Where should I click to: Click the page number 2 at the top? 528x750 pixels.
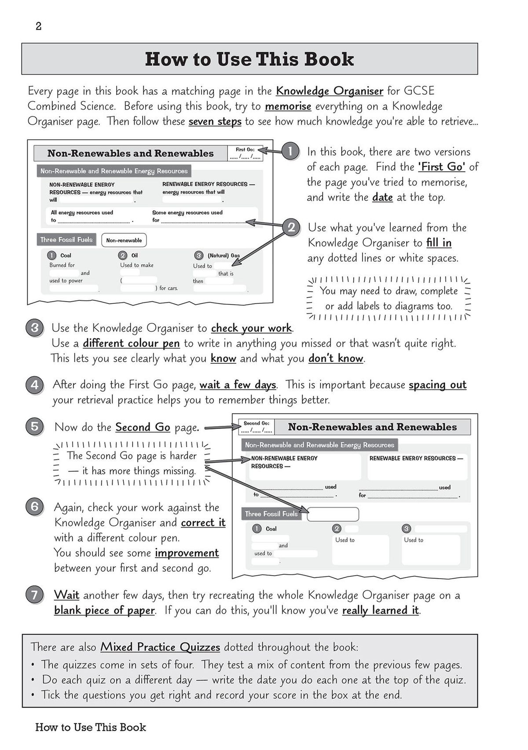pos(38,26)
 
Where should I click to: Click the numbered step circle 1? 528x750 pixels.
pos(290,151)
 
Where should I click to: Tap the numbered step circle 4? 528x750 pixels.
pos(34,385)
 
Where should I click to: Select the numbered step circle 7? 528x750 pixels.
pos(34,595)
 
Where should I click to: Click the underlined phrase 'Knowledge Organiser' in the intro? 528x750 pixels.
pos(330,91)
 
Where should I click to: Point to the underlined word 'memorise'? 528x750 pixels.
pos(288,107)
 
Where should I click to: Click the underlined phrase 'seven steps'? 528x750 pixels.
pos(215,122)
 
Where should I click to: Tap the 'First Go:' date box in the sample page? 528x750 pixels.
pos(245,153)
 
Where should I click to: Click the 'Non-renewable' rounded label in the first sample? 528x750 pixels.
pos(124,240)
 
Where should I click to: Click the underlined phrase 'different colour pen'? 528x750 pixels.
pos(131,344)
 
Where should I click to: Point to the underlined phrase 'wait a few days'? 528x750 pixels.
pos(238,385)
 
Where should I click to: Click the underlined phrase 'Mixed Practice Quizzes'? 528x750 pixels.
pos(160,647)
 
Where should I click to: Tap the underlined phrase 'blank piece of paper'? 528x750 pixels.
pos(104,611)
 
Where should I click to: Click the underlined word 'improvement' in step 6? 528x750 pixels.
pos(187,553)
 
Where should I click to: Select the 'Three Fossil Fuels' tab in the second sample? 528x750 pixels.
pos(271,514)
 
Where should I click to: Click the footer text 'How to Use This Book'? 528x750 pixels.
pos(91,728)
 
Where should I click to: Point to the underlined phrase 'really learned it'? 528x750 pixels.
pos(380,611)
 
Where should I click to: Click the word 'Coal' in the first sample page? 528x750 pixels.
pos(66,255)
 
